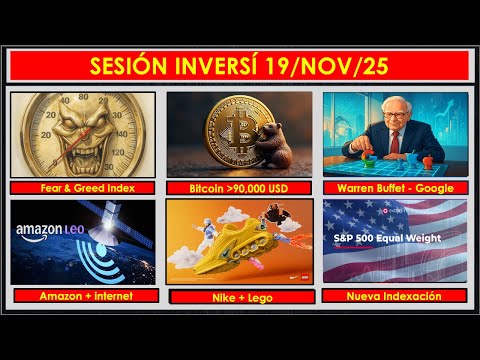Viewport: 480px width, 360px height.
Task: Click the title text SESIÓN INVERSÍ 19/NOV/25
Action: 240,67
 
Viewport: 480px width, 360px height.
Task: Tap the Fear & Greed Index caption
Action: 83,187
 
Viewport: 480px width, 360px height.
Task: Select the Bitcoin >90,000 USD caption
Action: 239,187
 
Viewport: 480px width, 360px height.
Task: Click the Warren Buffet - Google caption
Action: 395,187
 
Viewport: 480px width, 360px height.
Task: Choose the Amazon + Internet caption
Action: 83,295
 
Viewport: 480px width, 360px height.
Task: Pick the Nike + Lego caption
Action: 239,296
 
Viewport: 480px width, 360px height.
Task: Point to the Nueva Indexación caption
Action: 395,295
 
